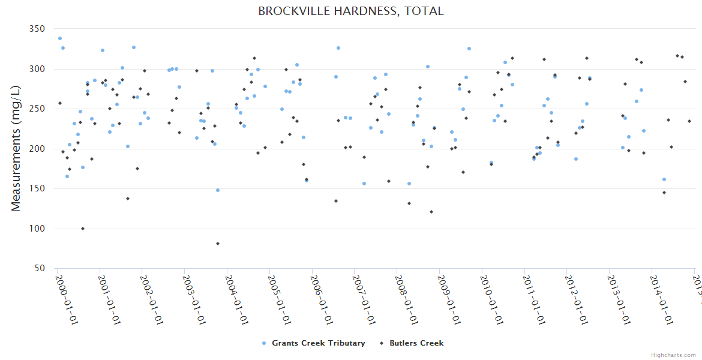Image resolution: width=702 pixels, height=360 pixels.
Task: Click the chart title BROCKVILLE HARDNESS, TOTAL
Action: [x=350, y=11]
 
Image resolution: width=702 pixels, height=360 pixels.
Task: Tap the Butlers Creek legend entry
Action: [x=416, y=343]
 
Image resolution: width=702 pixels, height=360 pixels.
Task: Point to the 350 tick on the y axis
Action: [x=37, y=29]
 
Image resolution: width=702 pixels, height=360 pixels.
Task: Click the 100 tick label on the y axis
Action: [x=37, y=229]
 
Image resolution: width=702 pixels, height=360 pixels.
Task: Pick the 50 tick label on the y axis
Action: [x=40, y=269]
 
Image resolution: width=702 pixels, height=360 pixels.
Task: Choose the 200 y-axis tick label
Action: [x=37, y=149]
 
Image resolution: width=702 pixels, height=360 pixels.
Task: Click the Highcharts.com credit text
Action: [x=674, y=355]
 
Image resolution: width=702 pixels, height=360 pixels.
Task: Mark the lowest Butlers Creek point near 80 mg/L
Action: [x=218, y=244]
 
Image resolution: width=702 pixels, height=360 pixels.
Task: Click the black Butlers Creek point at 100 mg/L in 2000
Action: [x=83, y=229]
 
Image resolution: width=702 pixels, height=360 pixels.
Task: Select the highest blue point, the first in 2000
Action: [x=59, y=38]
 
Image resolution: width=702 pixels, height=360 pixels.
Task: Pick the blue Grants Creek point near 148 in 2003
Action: [x=218, y=190]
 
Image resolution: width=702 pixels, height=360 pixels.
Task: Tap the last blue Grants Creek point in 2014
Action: [x=664, y=179]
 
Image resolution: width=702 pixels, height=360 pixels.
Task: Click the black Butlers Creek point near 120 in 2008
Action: [x=431, y=212]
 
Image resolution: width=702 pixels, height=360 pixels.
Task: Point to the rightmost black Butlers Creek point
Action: [x=689, y=121]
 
